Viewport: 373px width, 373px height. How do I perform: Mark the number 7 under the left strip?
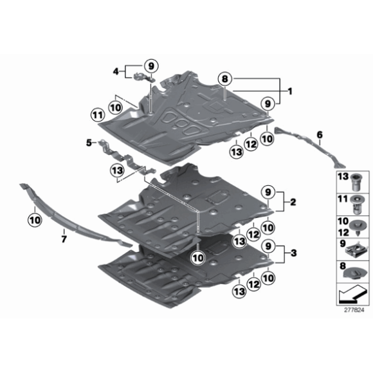(64, 240)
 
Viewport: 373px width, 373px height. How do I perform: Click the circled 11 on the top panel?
(97, 116)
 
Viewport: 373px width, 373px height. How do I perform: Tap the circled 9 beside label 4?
(150, 65)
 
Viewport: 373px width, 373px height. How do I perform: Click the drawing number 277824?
(354, 309)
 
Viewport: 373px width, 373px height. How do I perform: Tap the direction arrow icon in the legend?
(350, 295)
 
